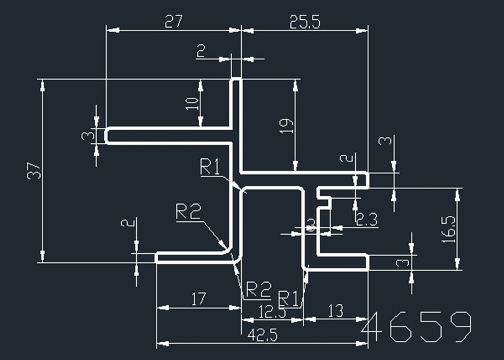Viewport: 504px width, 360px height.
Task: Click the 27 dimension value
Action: tap(173, 22)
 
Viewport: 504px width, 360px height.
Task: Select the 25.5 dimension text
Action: tap(304, 22)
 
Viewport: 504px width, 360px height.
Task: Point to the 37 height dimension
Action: tap(34, 171)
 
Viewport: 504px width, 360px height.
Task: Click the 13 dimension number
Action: tap(336, 311)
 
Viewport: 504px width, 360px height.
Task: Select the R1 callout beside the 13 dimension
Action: tap(289, 297)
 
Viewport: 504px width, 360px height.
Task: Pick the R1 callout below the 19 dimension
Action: tap(210, 167)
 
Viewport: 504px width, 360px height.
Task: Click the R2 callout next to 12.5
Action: tap(259, 290)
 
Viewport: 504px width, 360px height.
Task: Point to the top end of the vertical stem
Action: tap(236, 79)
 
